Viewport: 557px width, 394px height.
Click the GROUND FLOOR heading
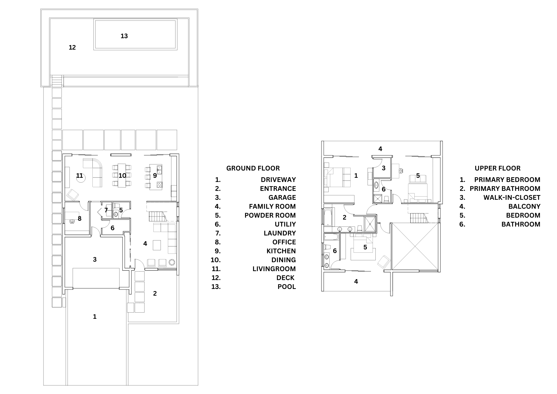click(253, 168)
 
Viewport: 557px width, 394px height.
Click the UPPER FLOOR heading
click(497, 168)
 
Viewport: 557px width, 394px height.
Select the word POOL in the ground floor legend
click(287, 287)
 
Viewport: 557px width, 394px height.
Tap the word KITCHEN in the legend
click(281, 251)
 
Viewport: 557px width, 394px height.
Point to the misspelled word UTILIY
click(285, 224)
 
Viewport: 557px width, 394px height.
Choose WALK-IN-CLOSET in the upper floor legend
click(512, 198)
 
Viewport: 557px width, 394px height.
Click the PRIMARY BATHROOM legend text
click(505, 189)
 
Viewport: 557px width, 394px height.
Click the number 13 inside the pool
click(124, 36)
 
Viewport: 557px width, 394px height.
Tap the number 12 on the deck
click(72, 48)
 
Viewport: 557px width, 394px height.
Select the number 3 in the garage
click(95, 259)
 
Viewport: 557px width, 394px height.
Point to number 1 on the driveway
click(95, 317)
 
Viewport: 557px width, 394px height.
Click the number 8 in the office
click(80, 218)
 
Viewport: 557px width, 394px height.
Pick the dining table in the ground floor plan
click(122, 176)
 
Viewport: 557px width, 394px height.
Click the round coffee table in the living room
click(81, 179)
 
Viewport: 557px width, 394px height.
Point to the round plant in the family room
click(172, 262)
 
